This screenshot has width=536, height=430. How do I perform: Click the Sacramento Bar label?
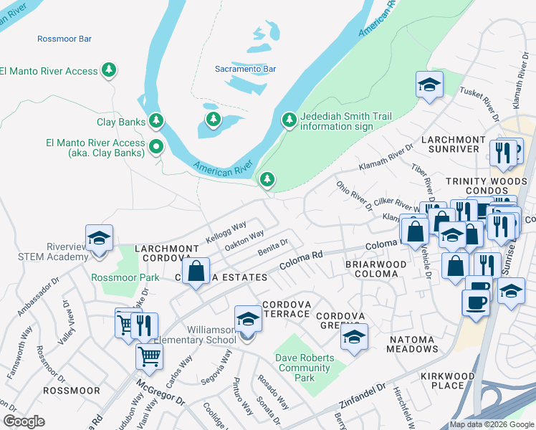pos(245,69)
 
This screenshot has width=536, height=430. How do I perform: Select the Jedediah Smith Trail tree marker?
pos(289,120)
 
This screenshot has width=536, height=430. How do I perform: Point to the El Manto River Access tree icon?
pos(109,70)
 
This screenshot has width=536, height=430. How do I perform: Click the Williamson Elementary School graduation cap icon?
pos(248,317)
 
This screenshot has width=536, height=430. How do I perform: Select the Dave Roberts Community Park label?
pos(305,368)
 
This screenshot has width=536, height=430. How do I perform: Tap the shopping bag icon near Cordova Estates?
pos(195,272)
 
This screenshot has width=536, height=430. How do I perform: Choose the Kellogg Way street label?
pos(225,230)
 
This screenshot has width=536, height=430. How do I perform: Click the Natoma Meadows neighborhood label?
pos(413,343)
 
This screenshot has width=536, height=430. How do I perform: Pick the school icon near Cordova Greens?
pos(354,337)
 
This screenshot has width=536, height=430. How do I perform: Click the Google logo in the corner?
pos(24,421)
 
